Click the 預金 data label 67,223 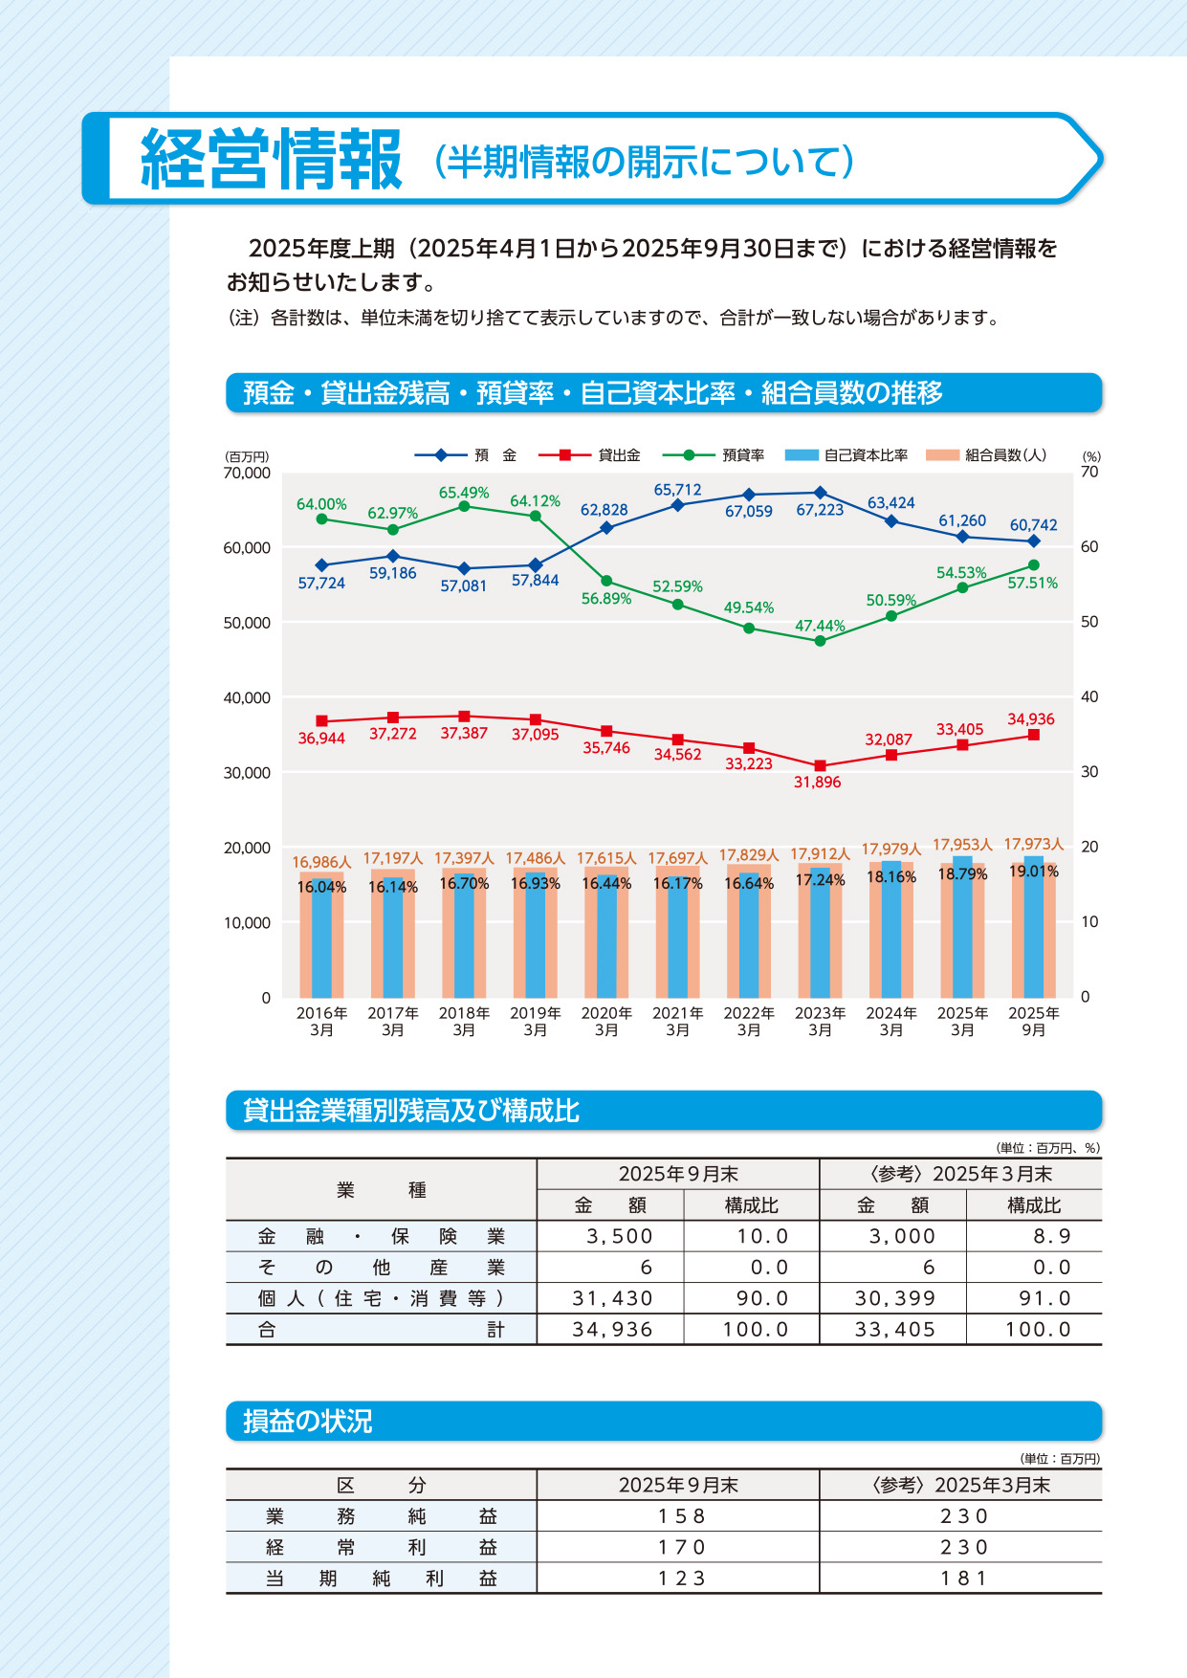point(820,510)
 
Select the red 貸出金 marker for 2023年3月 point(820,766)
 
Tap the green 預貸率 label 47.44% point(820,626)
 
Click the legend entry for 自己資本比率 point(846,455)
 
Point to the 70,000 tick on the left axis point(247,473)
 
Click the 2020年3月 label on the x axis point(606,1021)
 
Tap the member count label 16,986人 point(321,862)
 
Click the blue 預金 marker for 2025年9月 point(1034,541)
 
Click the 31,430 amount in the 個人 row point(612,1298)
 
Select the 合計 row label point(381,1329)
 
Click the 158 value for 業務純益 point(680,1516)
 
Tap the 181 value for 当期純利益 point(962,1579)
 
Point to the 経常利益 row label point(381,1547)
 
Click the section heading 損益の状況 point(307,1422)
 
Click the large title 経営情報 point(272,160)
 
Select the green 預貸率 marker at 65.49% point(464,506)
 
